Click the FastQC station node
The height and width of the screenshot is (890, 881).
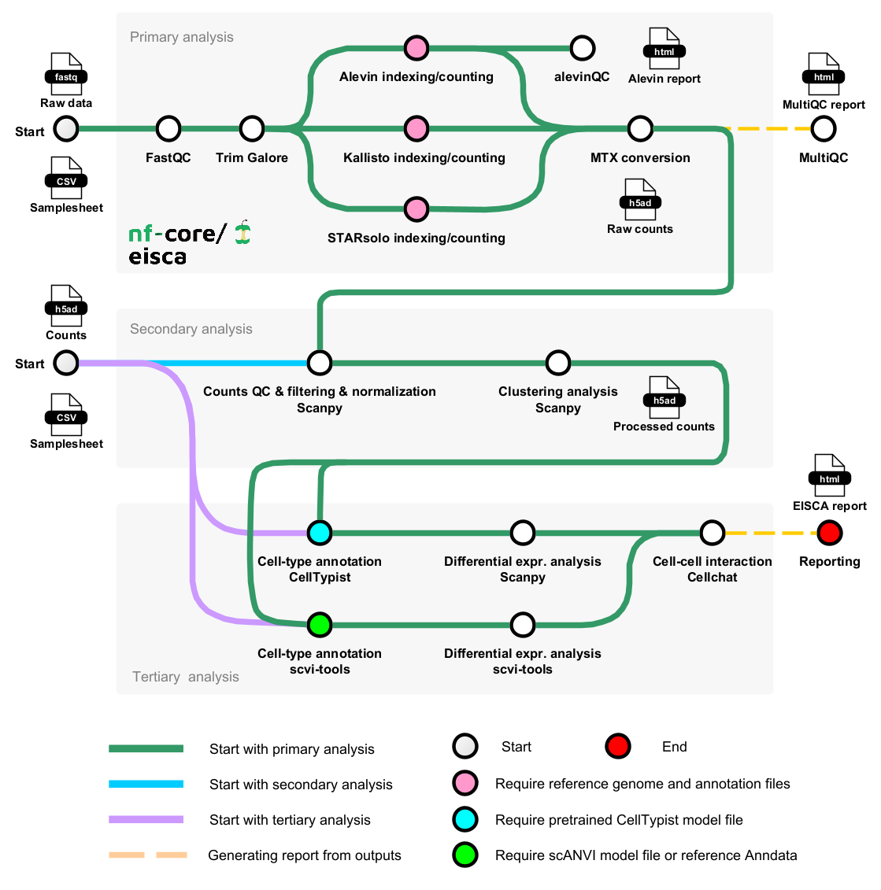pos(168,128)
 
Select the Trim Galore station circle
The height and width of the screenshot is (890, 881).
pos(252,128)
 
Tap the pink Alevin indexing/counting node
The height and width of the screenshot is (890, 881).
pos(416,48)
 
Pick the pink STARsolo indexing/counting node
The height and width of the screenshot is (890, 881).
pos(416,209)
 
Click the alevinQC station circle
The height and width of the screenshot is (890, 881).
pos(582,48)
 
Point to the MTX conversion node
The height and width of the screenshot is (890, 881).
pos(640,128)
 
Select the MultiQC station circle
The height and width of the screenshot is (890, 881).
pos(824,128)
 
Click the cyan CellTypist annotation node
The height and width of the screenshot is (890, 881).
pos(320,533)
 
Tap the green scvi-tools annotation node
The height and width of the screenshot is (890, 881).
pos(320,626)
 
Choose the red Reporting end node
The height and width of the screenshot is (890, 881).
pos(829,533)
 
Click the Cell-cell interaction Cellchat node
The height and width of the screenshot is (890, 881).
pos(713,533)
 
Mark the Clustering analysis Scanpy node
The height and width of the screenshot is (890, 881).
pos(558,363)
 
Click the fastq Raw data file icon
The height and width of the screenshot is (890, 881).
pos(66,74)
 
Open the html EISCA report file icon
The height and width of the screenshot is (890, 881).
pos(829,475)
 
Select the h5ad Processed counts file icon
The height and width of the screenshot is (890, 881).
pos(664,397)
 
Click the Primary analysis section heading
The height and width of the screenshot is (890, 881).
pos(181,37)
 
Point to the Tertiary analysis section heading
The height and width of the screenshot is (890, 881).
pos(185,677)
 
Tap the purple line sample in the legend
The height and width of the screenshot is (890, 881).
pos(146,819)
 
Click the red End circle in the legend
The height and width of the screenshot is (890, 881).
pos(618,746)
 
